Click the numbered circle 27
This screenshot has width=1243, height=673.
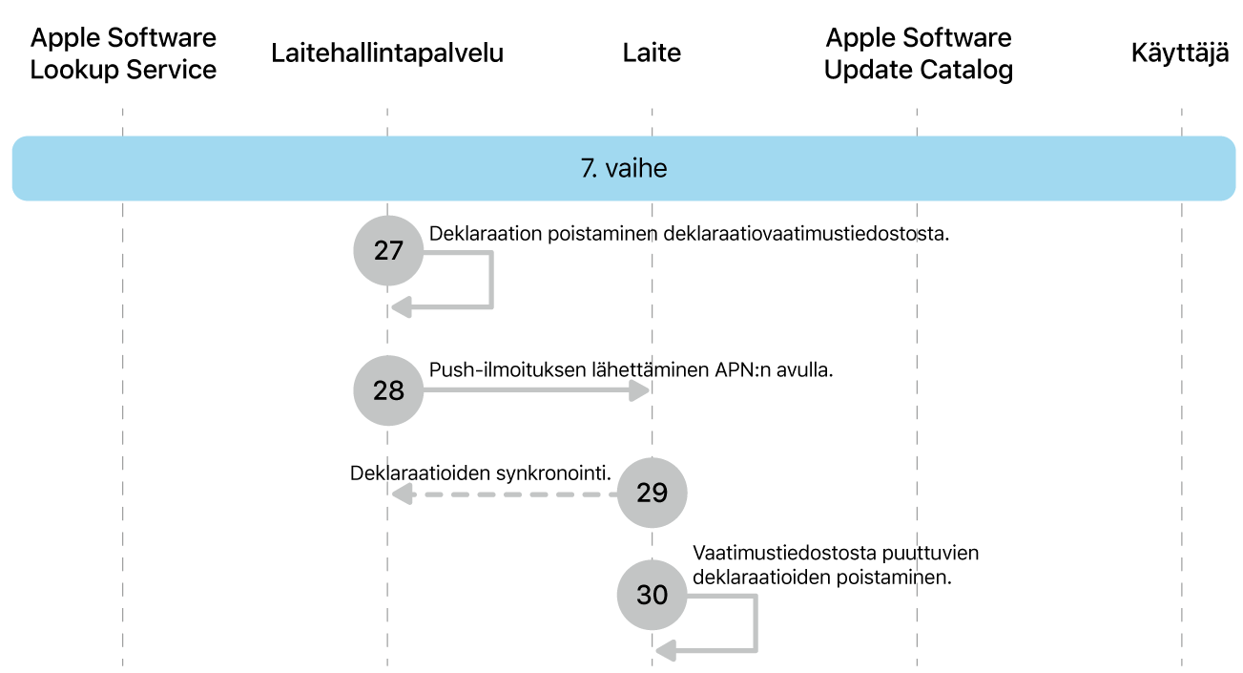387,251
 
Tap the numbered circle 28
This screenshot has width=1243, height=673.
387,390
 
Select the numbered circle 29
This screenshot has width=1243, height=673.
652,493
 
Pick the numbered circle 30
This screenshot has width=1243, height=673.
652,595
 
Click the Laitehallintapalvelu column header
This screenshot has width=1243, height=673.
387,53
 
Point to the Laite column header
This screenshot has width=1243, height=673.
652,53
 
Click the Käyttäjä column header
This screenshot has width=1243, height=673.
1180,53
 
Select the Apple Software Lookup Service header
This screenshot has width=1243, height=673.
123,53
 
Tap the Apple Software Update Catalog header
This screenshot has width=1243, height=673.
918,53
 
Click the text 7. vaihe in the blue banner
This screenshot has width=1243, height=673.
624,169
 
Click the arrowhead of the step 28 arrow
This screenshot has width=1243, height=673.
641,390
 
